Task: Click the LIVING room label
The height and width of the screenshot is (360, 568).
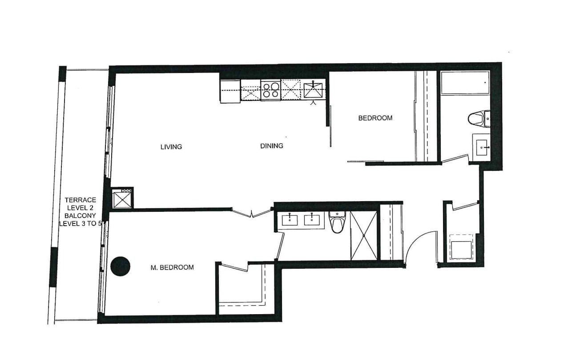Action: click(x=171, y=147)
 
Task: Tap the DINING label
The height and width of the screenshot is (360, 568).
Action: click(x=272, y=146)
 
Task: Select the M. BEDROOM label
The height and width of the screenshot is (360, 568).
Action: click(x=172, y=267)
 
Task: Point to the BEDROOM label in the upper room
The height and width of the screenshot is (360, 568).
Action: click(x=375, y=118)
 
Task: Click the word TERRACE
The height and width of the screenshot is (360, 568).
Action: click(x=81, y=200)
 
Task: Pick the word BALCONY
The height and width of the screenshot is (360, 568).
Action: click(x=80, y=216)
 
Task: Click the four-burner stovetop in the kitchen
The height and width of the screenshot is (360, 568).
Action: click(x=270, y=90)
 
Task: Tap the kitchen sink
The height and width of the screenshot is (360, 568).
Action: click(x=313, y=89)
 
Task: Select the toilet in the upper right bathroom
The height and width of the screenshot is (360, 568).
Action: click(x=479, y=119)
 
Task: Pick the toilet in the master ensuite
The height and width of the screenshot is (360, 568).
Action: click(x=337, y=222)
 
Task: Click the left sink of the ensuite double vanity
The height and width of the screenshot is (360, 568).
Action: click(x=290, y=220)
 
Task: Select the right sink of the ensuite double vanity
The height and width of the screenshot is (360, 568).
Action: click(x=312, y=220)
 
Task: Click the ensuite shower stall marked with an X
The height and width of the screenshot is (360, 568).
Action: click(x=364, y=236)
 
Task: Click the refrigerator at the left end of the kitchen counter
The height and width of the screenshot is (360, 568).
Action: click(x=230, y=91)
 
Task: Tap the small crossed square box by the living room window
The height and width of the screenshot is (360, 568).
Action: click(x=122, y=198)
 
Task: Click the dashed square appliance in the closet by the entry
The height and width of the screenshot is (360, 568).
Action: click(x=461, y=247)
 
